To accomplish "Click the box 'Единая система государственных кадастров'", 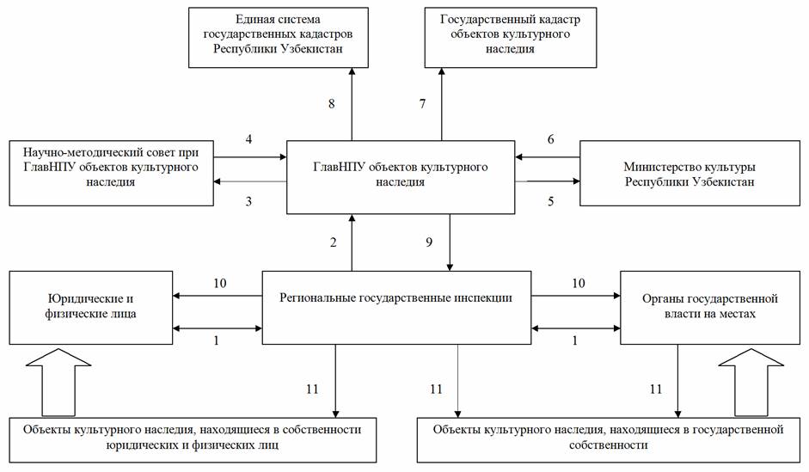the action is pyautogui.click(x=278, y=38).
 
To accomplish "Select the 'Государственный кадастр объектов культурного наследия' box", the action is pyautogui.click(x=511, y=38).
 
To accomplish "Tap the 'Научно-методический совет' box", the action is pyautogui.click(x=112, y=174).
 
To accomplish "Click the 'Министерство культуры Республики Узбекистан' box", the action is pyautogui.click(x=689, y=174).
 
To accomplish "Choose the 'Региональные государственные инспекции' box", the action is pyautogui.click(x=396, y=308).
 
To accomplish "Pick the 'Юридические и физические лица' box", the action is pyautogui.click(x=91, y=308).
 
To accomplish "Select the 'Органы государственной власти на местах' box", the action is pyautogui.click(x=710, y=308).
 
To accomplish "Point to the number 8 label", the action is pyautogui.click(x=332, y=104).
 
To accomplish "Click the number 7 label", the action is pyautogui.click(x=423, y=104).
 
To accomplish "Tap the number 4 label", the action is pyautogui.click(x=248, y=139).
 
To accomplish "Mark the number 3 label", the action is pyautogui.click(x=248, y=201).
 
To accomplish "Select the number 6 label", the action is pyautogui.click(x=550, y=139).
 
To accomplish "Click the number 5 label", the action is pyautogui.click(x=550, y=201).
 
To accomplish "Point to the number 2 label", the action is pyautogui.click(x=334, y=242).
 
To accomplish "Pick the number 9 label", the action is pyautogui.click(x=429, y=242).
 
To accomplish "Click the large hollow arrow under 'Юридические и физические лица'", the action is pyautogui.click(x=58, y=383).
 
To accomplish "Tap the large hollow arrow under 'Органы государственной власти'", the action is pyautogui.click(x=751, y=383).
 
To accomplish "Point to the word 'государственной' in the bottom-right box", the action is pyautogui.click(x=738, y=429).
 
